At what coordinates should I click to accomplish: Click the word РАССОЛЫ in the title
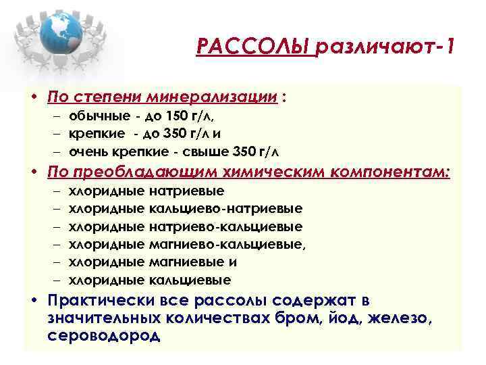coord(254,48)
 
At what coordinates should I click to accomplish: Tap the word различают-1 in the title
coord(384,48)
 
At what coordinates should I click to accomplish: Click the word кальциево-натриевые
coord(225,209)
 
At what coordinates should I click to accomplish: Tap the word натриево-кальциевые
coord(225,226)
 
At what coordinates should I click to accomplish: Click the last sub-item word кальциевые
coord(190,279)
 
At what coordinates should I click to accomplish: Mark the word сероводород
coord(105,335)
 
